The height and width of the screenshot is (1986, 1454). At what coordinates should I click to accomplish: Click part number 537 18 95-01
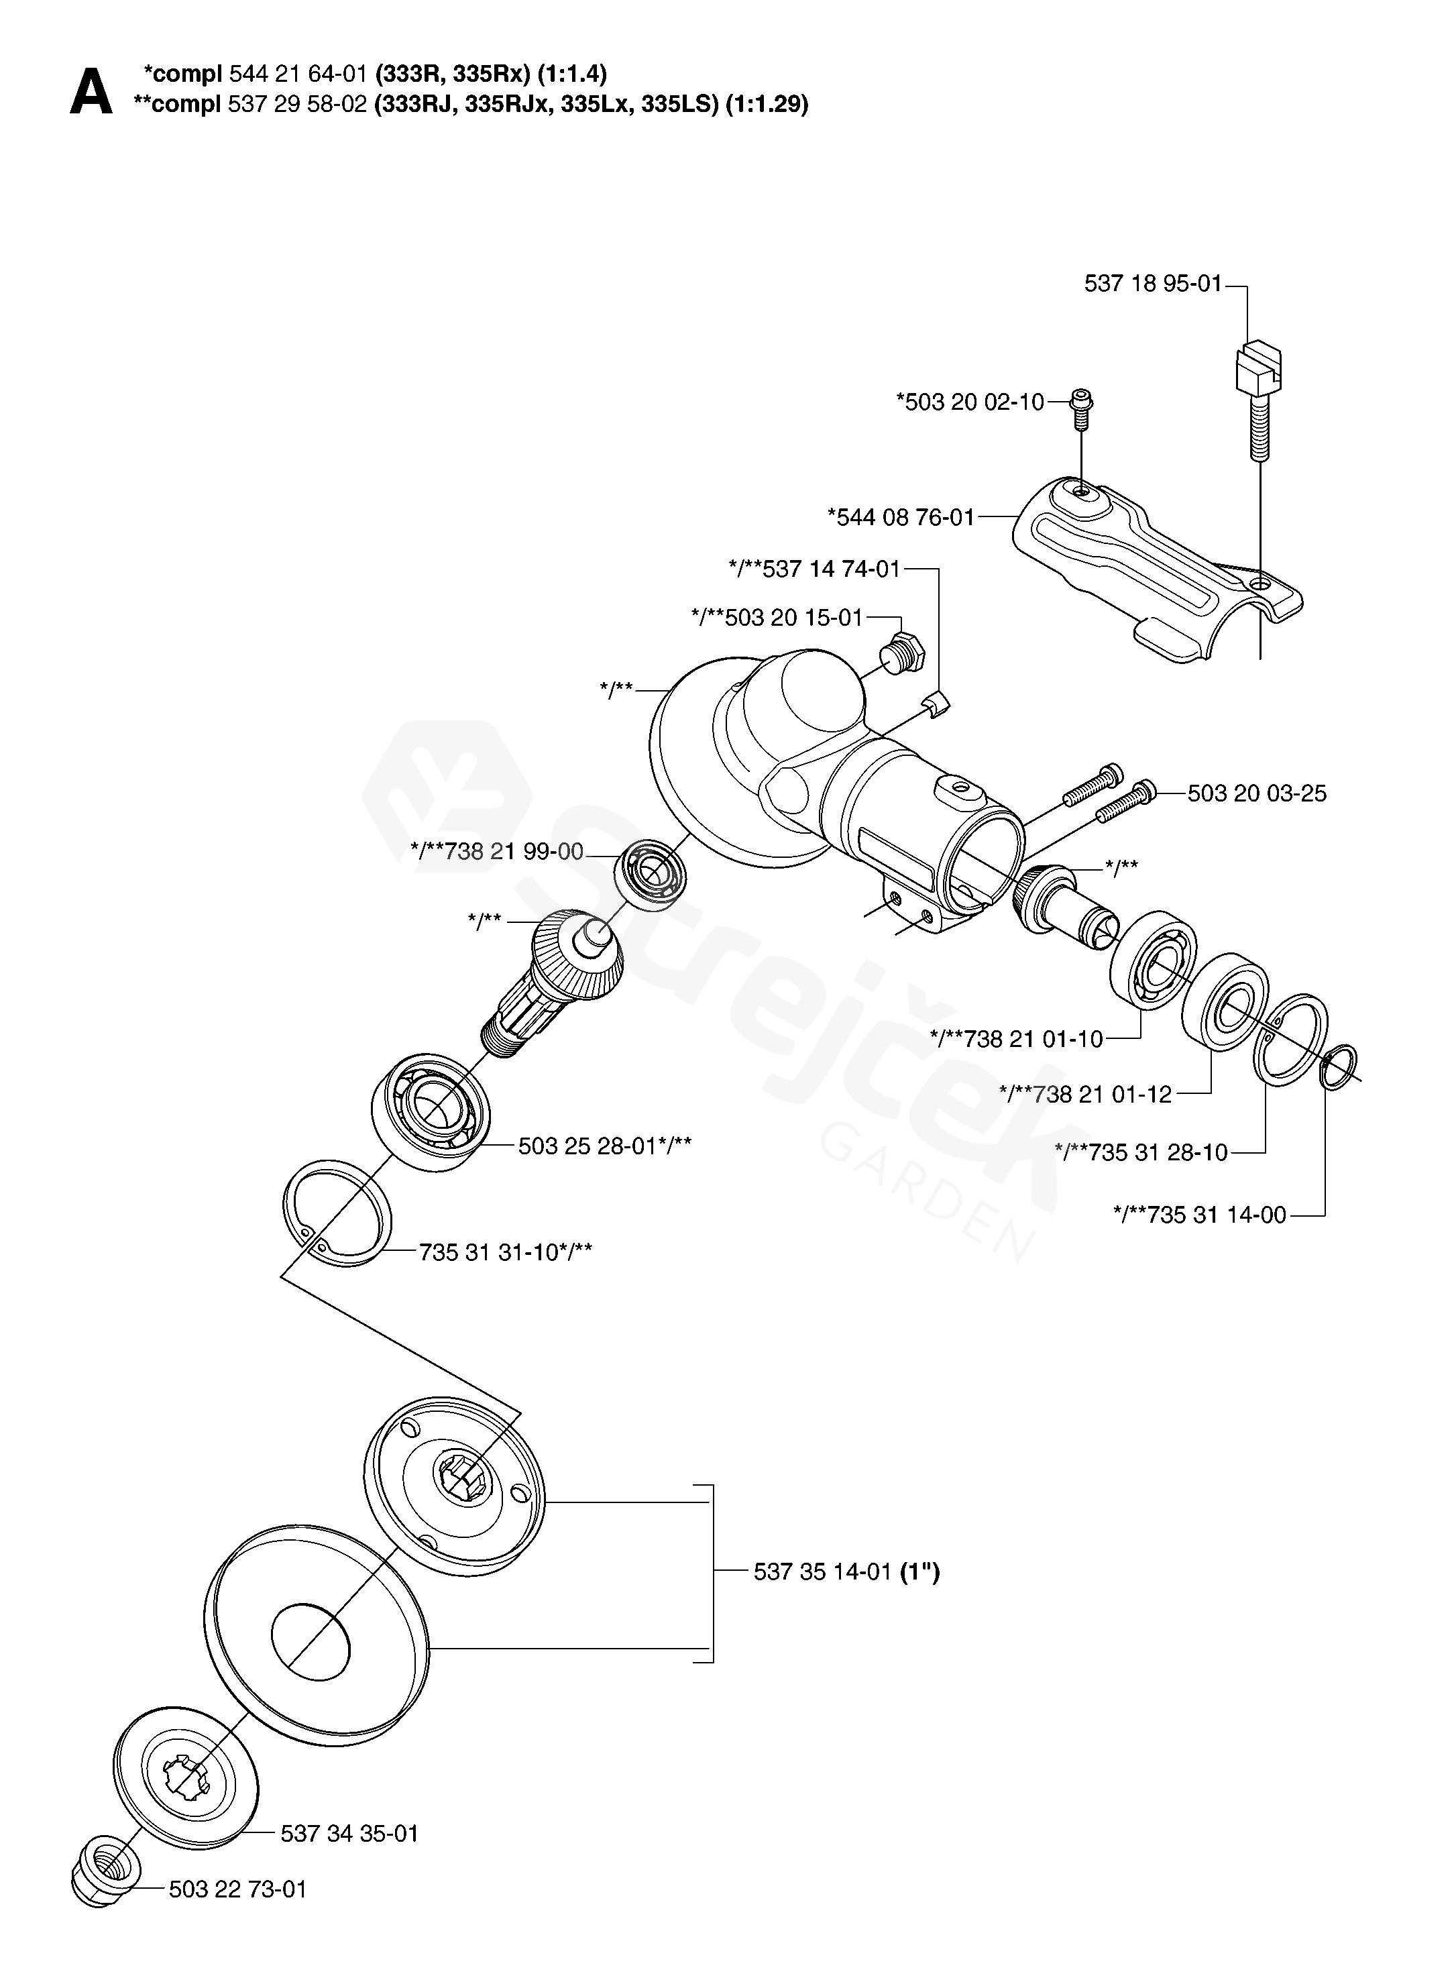[1153, 284]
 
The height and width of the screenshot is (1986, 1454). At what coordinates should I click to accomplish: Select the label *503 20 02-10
[970, 402]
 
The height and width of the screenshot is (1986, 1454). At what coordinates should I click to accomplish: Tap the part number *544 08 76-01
[901, 516]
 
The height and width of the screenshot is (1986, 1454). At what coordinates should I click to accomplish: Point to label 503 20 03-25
[1257, 793]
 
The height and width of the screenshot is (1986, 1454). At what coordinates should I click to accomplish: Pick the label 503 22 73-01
[237, 1889]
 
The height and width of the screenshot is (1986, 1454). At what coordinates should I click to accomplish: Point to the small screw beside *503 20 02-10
[1082, 408]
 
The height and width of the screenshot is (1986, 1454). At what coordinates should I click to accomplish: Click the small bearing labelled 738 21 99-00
[651, 867]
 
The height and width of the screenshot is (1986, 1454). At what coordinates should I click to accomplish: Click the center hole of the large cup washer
[310, 1635]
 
